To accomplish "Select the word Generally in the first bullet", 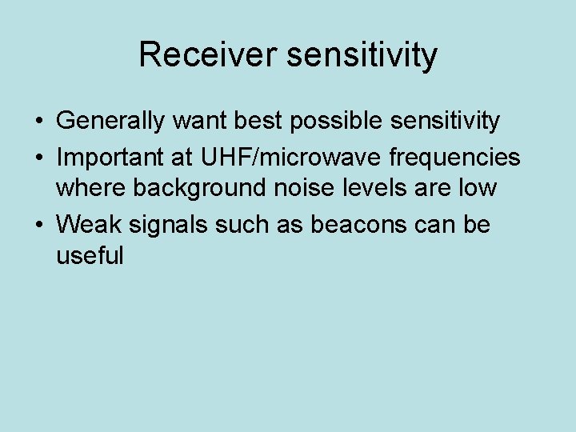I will point(110,122).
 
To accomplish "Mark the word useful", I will point(90,256).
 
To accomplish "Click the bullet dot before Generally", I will point(38,122).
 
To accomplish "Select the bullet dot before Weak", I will point(38,226).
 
